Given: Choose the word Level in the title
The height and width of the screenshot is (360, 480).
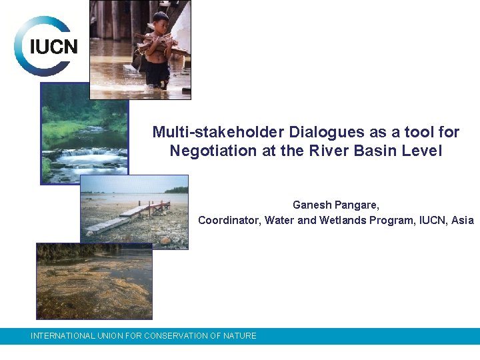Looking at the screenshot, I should (422, 151).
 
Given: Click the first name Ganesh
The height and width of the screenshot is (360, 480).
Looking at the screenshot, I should (311, 205).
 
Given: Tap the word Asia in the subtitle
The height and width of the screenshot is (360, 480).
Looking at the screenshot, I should (461, 221).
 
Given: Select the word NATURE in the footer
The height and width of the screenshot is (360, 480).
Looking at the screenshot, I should (240, 336).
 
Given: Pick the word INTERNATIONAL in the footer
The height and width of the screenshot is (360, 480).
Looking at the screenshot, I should (63, 336).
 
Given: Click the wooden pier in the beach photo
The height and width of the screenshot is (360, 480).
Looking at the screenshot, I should (133, 214).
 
